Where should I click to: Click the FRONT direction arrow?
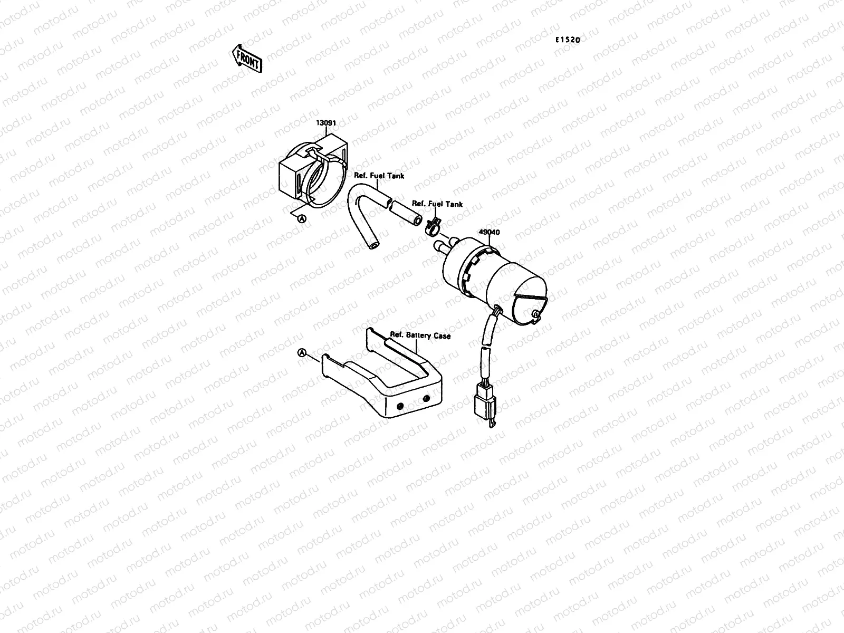246,57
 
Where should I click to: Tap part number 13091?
326,123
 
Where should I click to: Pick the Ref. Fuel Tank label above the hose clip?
437,204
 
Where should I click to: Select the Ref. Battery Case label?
420,335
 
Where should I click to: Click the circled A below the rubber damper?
302,218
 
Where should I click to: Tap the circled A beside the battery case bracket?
302,353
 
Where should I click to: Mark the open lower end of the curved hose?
372,244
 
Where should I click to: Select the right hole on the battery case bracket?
426,398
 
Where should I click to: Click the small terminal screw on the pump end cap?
535,315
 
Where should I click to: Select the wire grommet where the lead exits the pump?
495,316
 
